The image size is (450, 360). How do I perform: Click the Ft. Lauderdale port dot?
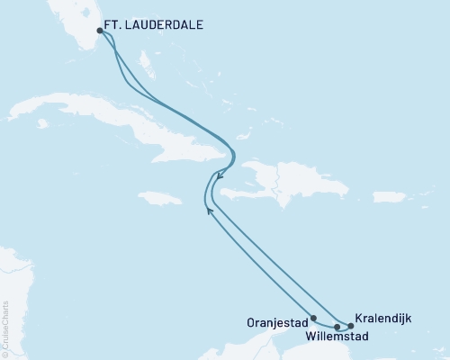click(x=100, y=31)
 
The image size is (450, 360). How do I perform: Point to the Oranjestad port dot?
click(x=312, y=318)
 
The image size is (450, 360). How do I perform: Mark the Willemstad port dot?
click(x=337, y=328)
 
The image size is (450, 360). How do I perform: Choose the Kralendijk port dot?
click(x=350, y=327)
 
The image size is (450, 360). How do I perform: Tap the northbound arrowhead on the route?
click(x=209, y=210)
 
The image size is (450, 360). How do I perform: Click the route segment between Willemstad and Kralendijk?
click(x=344, y=328)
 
